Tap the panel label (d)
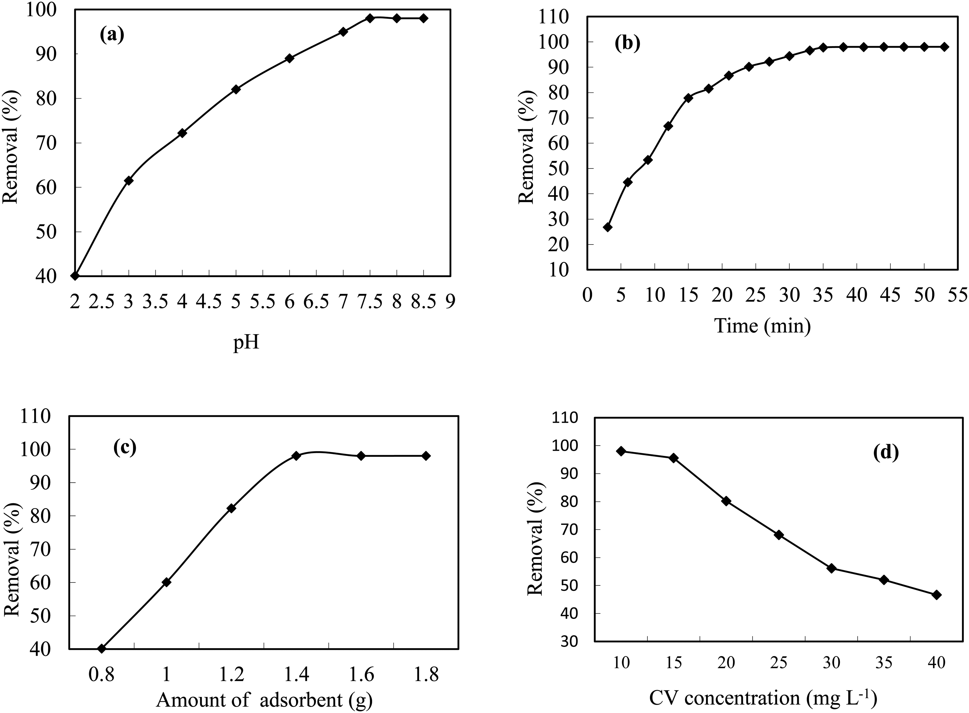point(886,452)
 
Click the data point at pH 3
point(128,180)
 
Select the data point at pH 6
point(290,58)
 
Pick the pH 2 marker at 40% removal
point(75,276)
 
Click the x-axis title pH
point(246,344)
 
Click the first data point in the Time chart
point(607,227)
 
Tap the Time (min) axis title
point(762,325)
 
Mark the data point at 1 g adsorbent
point(166,582)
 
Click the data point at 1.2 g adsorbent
point(231,508)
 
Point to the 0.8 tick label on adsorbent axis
point(101,673)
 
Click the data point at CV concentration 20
point(726,501)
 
